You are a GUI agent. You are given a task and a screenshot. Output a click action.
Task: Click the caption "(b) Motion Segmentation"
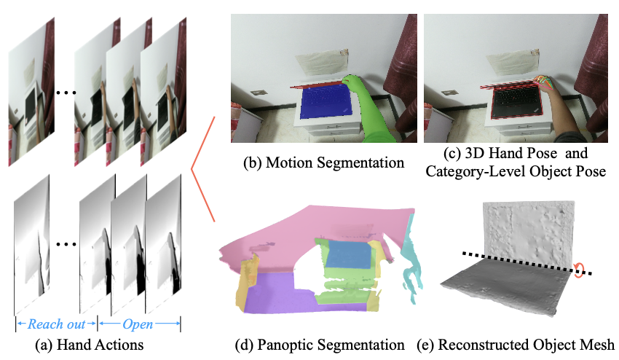(x=323, y=163)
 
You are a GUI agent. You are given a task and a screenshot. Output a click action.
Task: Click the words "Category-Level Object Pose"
(x=517, y=172)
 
